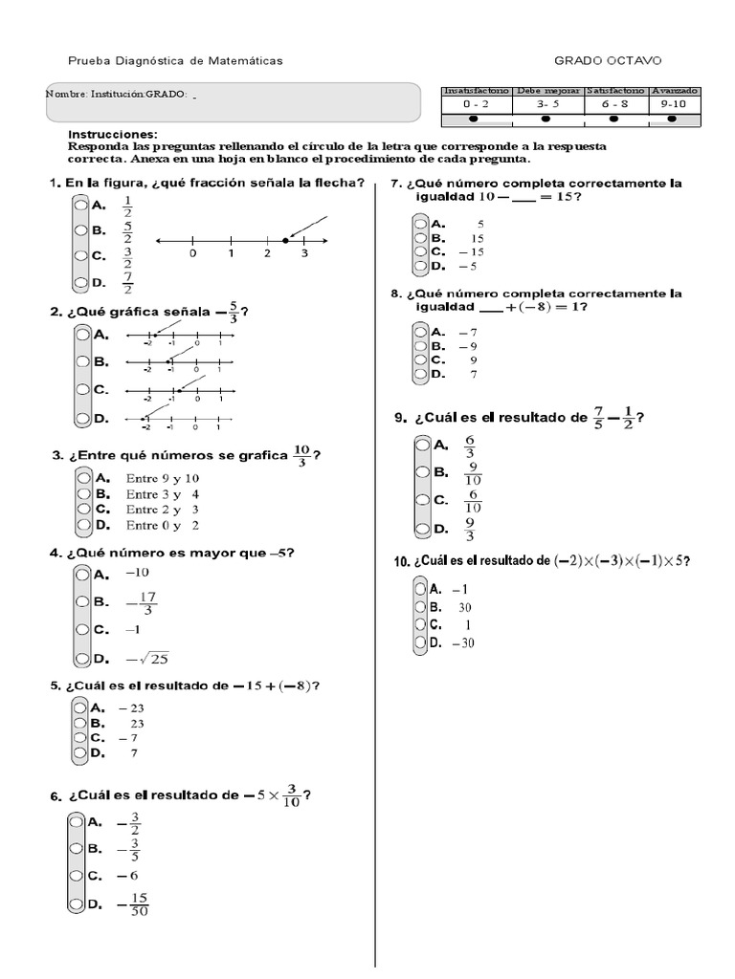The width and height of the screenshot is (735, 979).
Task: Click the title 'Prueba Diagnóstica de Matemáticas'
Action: click(x=174, y=61)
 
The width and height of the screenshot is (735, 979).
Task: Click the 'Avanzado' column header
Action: click(x=675, y=90)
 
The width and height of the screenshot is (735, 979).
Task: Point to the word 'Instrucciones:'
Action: click(x=113, y=135)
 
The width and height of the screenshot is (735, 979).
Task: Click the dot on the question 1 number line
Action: click(x=284, y=241)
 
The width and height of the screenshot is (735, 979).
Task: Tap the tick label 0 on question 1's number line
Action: click(x=193, y=254)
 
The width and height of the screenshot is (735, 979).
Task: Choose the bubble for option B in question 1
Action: click(x=78, y=230)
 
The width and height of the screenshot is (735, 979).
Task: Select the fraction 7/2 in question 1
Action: click(x=126, y=283)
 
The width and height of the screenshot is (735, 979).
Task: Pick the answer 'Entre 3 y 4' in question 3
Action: click(x=162, y=494)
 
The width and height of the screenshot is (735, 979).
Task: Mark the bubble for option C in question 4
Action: click(x=81, y=630)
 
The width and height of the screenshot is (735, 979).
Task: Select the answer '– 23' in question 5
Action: click(x=130, y=708)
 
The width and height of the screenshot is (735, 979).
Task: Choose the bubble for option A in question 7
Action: click(x=419, y=224)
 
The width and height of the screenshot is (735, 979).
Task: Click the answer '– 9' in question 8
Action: click(x=467, y=346)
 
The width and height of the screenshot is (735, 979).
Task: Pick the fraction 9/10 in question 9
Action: click(x=473, y=472)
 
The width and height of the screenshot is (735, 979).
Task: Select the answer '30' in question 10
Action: click(x=465, y=607)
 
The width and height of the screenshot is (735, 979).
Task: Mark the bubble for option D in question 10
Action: click(x=419, y=643)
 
